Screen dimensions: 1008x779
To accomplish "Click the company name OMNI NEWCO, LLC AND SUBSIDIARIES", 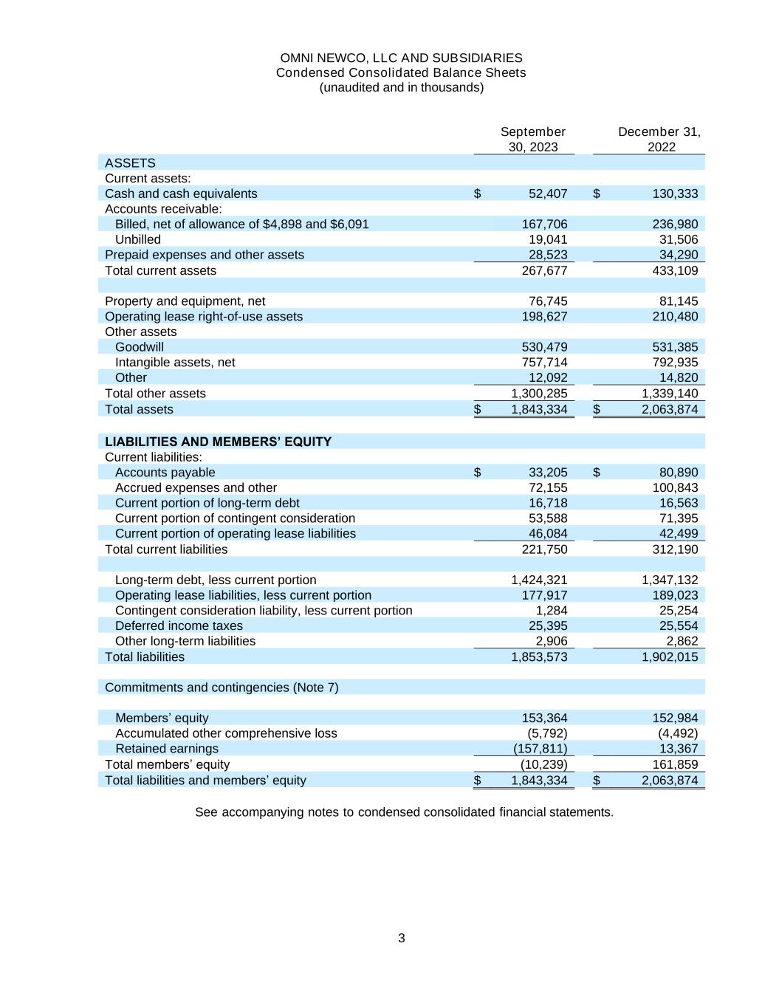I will point(401,58).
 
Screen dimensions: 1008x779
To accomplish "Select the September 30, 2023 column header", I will point(532,139).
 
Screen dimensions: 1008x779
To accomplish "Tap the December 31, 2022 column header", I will point(659,139).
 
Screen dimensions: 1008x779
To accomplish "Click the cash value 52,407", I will point(548,193).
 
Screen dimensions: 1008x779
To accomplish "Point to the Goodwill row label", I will point(140,347).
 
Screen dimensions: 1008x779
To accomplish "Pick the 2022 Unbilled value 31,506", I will point(678,239).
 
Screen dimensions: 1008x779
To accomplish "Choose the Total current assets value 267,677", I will point(544,270).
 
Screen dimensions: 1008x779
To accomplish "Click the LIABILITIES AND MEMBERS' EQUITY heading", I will point(218,442).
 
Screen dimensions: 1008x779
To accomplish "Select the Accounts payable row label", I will point(165,473).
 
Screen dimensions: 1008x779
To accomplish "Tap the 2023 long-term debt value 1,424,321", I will point(539,580).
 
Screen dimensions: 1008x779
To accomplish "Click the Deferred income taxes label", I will point(179,625).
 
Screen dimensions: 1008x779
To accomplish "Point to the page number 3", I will point(401,938).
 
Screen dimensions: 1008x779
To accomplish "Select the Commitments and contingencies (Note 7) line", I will point(222,688).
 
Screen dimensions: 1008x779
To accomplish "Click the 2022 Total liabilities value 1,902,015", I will point(669,656).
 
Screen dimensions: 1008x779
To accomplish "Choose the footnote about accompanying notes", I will point(404,812).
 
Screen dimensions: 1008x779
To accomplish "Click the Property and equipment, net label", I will point(185,301).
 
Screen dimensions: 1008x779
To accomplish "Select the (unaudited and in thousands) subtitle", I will point(401,87).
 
